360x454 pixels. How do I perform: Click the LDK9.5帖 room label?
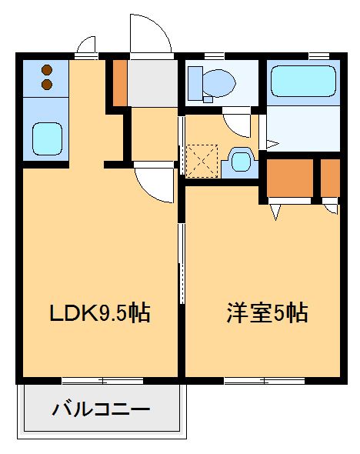pyautogui.click(x=99, y=313)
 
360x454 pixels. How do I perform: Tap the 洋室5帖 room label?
pyautogui.click(x=267, y=313)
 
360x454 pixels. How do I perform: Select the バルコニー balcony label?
pyautogui.click(x=101, y=409)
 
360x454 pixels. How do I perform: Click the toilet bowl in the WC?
pyautogui.click(x=218, y=80)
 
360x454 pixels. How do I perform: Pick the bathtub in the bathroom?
pyautogui.click(x=303, y=81)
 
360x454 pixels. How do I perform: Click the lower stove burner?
pyautogui.click(x=46, y=83)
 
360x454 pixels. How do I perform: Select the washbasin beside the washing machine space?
pyautogui.click(x=242, y=162)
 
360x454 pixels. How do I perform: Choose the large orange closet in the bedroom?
pyautogui.click(x=289, y=178)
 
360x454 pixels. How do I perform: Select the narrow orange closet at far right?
pyautogui.click(x=330, y=178)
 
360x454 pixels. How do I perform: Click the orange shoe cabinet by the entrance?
pyautogui.click(x=120, y=82)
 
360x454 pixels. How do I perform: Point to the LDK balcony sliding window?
pyautogui.click(x=102, y=380)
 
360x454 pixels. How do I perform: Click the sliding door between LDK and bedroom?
pyautogui.click(x=182, y=262)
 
